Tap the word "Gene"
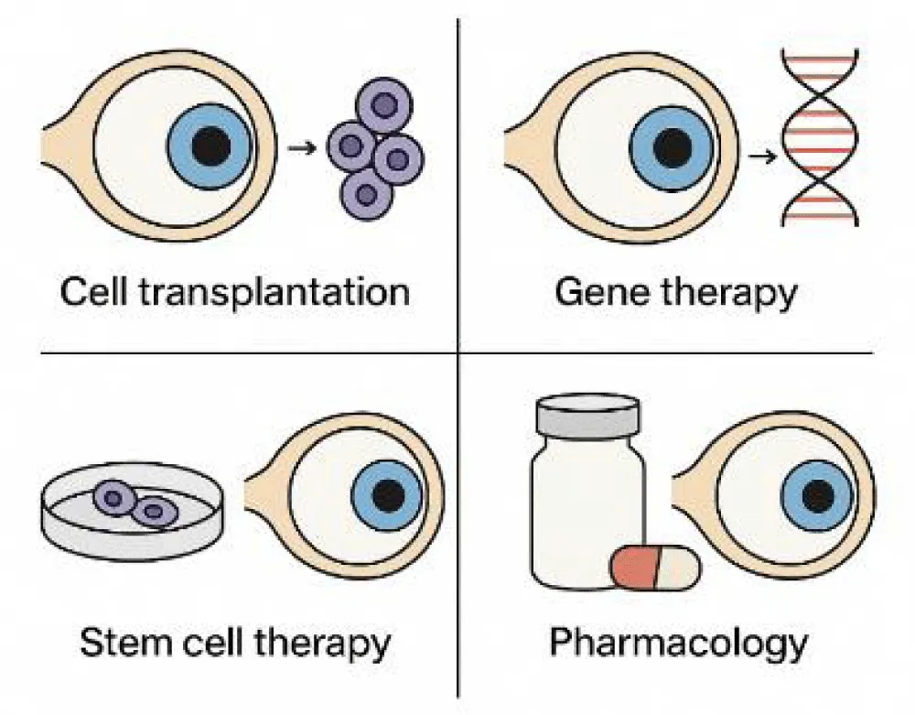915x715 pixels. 597,293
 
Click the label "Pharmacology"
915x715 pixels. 678,642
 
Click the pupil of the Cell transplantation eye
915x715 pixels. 211,146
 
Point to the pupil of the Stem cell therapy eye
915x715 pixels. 389,494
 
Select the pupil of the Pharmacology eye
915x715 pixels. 818,495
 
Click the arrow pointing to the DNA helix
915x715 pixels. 759,157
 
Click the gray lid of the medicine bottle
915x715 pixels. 587,418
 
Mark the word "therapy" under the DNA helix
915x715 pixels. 727,293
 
